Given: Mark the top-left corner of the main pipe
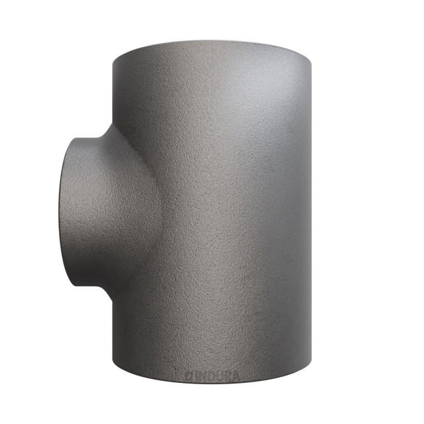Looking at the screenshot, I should pos(113,60).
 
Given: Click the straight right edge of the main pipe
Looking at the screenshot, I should pos(311,212).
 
